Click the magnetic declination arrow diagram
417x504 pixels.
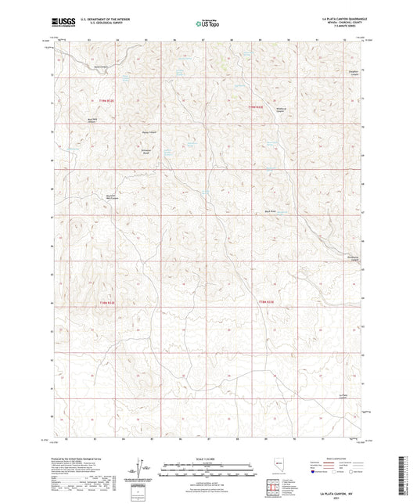(141, 466)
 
